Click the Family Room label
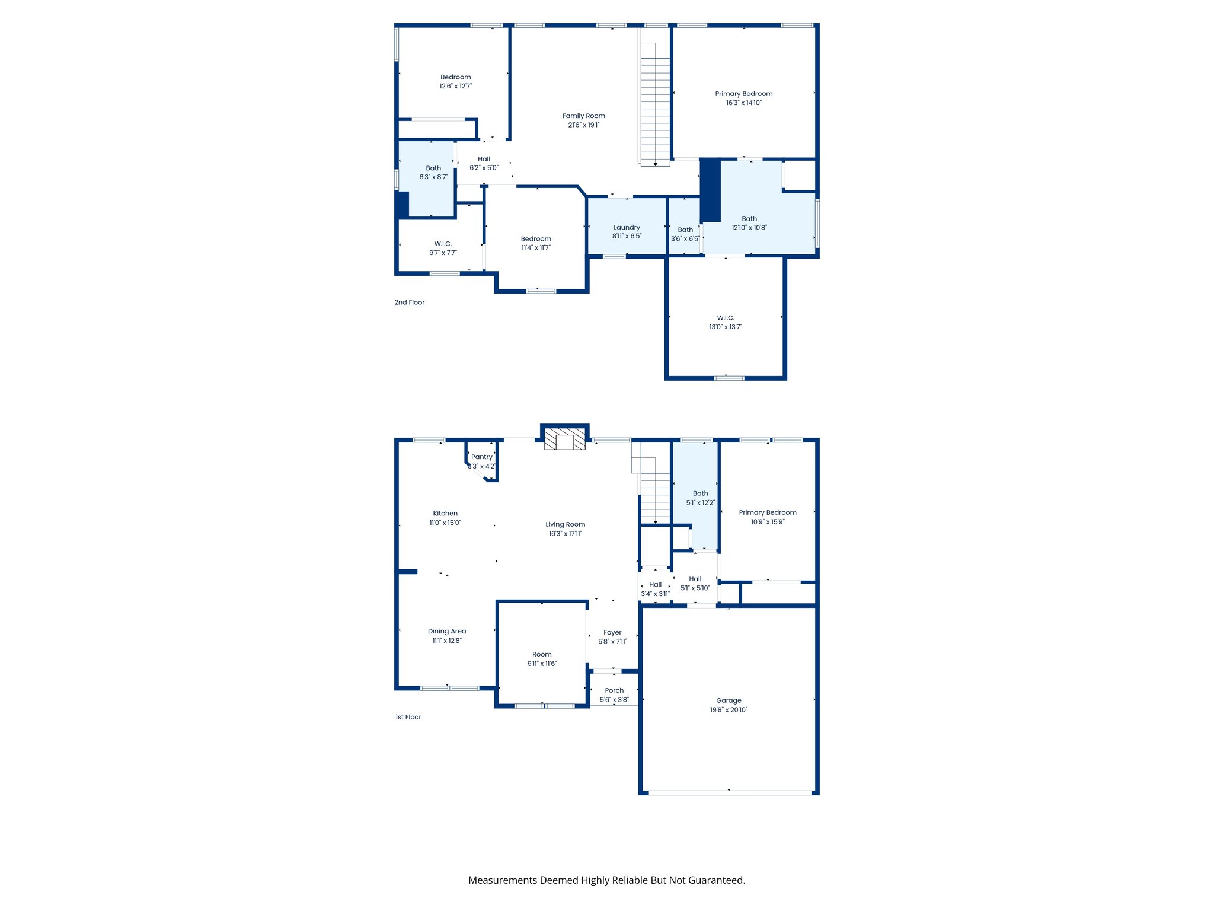[x=583, y=116]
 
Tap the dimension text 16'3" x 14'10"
[x=743, y=103]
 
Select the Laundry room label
[x=627, y=228]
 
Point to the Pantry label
[x=481, y=457]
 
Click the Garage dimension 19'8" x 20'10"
[x=729, y=710]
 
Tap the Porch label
[x=614, y=690]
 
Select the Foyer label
[x=612, y=633]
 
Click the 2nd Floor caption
[x=409, y=302]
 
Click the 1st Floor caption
[x=408, y=717]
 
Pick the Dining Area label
[x=446, y=632]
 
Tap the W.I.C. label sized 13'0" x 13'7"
[x=726, y=318]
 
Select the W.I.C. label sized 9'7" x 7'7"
[x=443, y=244]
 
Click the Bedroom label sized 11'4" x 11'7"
[x=536, y=239]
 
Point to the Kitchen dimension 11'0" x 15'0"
[x=445, y=523]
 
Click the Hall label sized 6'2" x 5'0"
[x=484, y=159]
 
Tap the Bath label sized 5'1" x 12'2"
[x=700, y=493]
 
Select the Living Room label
[x=565, y=524]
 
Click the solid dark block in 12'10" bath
[x=710, y=190]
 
